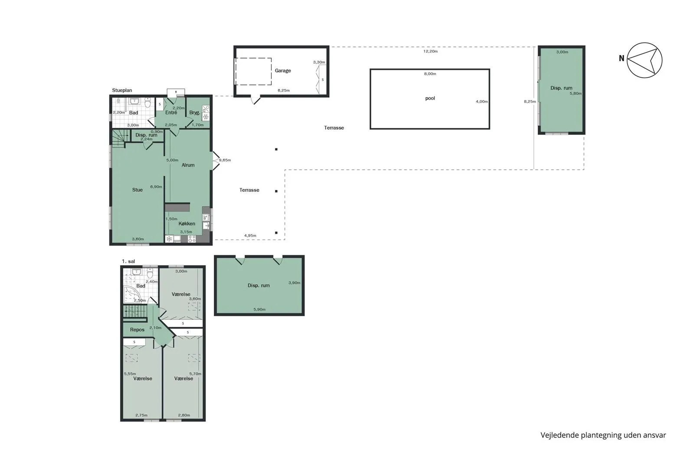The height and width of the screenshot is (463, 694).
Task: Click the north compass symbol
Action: [x=645, y=60]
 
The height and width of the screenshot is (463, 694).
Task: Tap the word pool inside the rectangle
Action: [x=430, y=98]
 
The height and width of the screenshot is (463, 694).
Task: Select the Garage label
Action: [x=283, y=71]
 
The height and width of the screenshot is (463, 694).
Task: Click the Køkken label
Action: [x=187, y=223]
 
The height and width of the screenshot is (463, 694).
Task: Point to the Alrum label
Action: [x=188, y=165]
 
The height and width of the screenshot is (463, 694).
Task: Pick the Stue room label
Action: [x=137, y=190]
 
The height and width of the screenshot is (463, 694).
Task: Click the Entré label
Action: [x=171, y=112]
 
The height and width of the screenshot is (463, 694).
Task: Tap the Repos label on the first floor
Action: [x=137, y=330]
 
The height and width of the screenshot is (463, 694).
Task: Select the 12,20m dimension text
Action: [x=431, y=52]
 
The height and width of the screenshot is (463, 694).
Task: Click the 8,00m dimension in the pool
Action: [x=430, y=74]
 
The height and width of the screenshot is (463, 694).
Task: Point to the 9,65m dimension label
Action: [x=225, y=160]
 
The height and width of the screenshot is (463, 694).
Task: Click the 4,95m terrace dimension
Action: [x=250, y=236]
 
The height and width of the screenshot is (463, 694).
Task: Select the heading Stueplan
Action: [x=122, y=91]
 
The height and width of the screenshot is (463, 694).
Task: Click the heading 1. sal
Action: [x=128, y=262]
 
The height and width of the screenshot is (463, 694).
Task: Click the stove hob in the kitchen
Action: [x=192, y=239]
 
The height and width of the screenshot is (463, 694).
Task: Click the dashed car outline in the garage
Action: [x=253, y=72]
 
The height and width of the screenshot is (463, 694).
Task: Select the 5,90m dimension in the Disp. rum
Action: [x=260, y=309]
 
